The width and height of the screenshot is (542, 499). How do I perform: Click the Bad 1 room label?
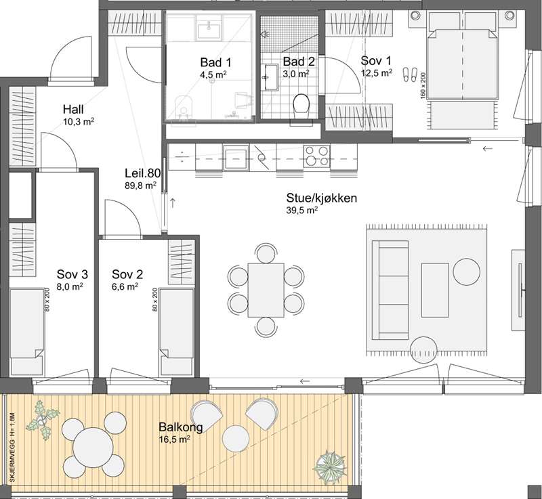215,62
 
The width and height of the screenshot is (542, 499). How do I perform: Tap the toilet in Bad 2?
301,106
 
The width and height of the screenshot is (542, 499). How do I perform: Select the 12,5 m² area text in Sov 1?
377,72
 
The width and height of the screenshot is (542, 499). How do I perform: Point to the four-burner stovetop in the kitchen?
316,156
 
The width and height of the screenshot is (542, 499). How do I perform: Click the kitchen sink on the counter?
236,158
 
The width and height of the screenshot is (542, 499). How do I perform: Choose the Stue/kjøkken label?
321,198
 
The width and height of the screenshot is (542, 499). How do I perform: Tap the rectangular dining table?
266,290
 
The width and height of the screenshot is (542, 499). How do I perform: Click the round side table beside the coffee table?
467,272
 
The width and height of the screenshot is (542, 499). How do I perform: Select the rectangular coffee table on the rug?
435,290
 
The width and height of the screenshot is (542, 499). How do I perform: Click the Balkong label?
181,427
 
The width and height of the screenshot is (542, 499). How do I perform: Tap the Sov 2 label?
127,274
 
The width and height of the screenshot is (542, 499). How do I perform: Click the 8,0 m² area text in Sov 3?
70,286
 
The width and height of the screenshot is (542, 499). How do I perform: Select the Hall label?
73,110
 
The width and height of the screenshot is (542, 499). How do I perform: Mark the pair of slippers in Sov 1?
411,74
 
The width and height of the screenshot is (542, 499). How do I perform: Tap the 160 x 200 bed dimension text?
423,86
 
